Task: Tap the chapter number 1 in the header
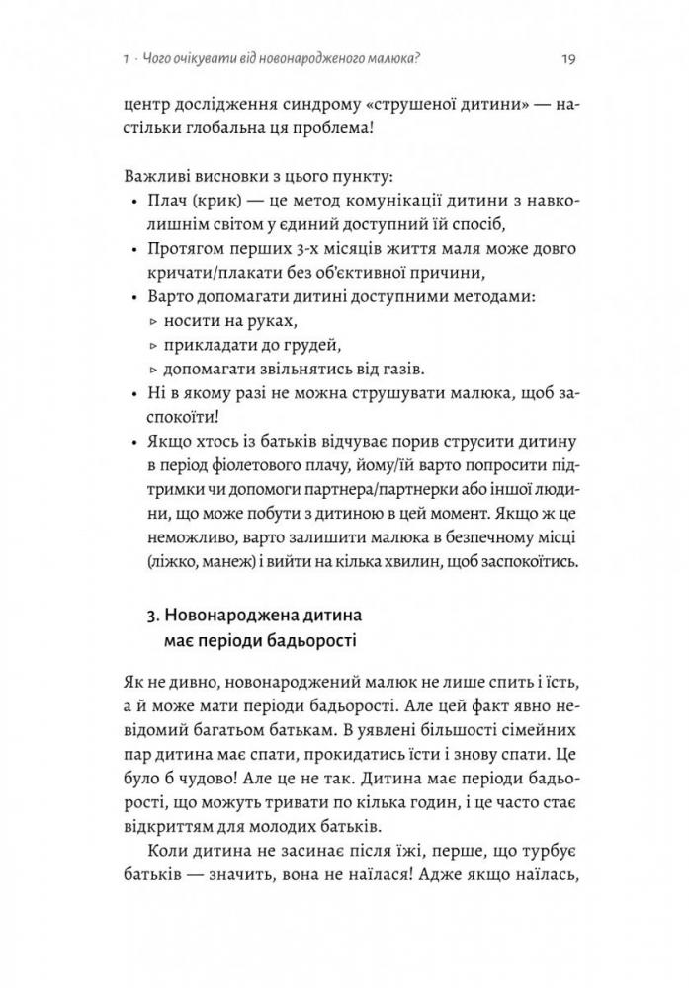click(122, 58)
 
